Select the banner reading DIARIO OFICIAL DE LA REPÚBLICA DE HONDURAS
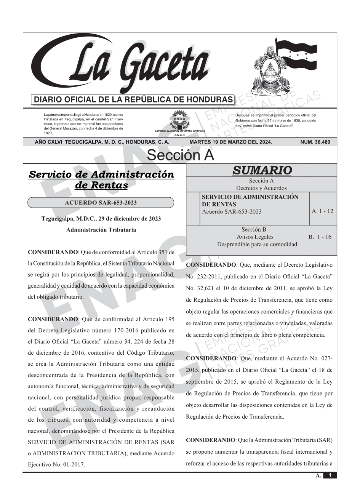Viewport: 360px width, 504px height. pyautogui.click(x=133, y=100)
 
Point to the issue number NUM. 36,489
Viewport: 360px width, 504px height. pyautogui.click(x=315, y=142)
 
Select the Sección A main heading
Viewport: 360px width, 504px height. pyautogui.click(x=180, y=155)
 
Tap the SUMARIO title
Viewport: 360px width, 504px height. pyautogui.click(x=262, y=170)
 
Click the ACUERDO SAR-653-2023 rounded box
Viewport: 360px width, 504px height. pyautogui.click(x=101, y=203)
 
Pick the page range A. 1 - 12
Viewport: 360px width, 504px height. pyautogui.click(x=322, y=211)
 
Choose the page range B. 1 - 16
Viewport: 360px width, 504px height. pyautogui.click(x=320, y=237)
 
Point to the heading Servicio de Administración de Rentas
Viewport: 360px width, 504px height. pyautogui.click(x=101, y=180)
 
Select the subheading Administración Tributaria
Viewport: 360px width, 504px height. pyautogui.click(x=101, y=230)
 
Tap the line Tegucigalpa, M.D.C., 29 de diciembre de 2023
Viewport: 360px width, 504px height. pyautogui.click(x=101, y=219)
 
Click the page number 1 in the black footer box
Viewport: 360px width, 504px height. pyautogui.click(x=330, y=475)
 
